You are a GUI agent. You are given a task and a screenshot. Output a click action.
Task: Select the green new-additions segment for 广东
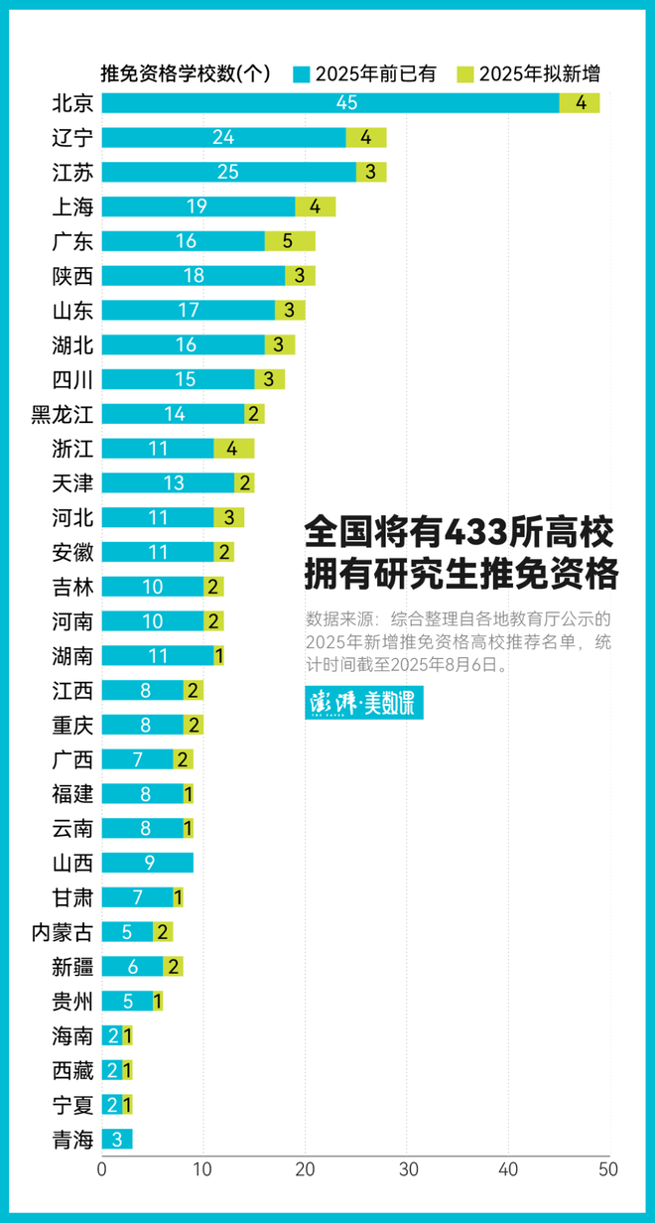coord(290,241)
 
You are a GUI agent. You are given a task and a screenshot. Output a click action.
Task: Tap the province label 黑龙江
coord(63,414)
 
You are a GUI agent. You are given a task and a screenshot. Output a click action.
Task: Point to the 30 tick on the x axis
coord(407,1168)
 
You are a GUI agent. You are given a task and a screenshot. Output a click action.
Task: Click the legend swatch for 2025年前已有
coord(303,73)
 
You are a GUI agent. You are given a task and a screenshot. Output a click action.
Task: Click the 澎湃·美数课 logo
coord(363,703)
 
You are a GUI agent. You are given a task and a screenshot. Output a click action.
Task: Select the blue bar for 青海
coord(116,1139)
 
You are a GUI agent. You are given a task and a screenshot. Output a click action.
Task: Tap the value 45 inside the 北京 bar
coord(346,103)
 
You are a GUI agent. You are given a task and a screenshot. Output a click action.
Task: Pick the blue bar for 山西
coord(147,863)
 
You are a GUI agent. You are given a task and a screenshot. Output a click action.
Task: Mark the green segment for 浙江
coord(233,449)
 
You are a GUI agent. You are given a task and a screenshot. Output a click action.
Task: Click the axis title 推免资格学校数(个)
coord(186,73)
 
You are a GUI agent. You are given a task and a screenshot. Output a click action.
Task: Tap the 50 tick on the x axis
coord(608,1168)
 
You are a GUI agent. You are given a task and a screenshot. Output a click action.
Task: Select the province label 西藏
coord(72,1070)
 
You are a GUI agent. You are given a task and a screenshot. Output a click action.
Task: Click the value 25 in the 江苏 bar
coord(227,172)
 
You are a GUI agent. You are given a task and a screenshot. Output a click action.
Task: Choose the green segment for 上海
coord(315,206)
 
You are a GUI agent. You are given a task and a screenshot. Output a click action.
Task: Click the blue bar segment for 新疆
coord(131,966)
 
